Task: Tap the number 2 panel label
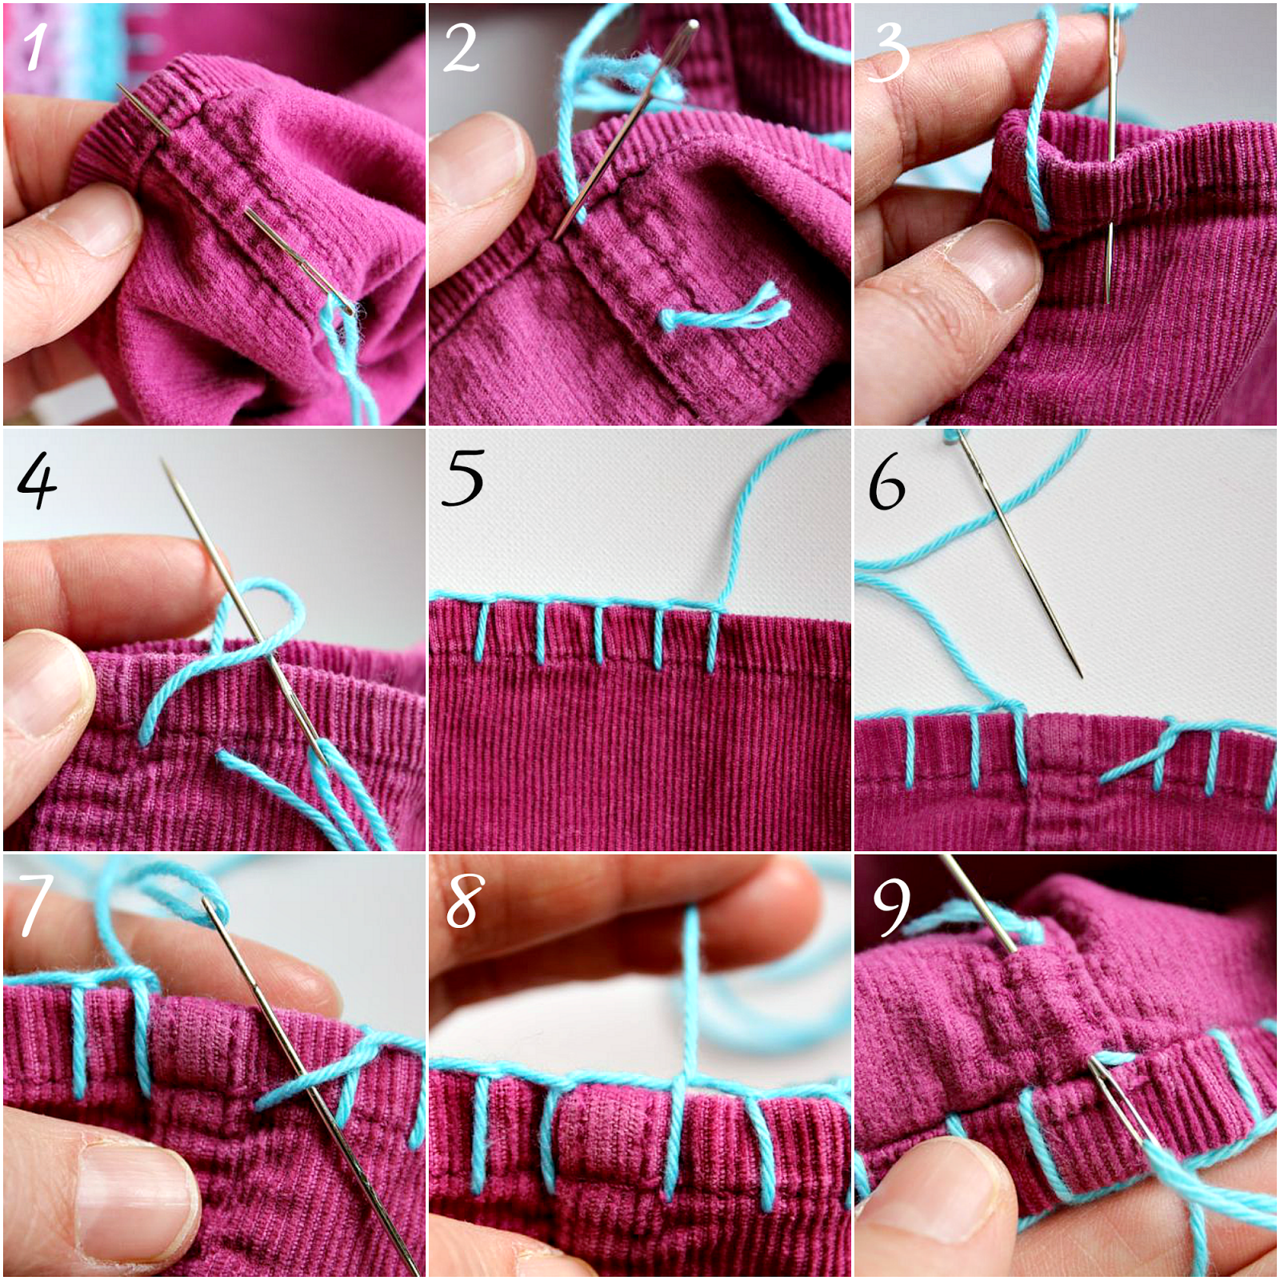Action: click(x=461, y=48)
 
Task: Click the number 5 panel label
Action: click(x=462, y=478)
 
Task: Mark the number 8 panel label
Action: click(x=464, y=901)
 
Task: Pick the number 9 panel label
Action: click(x=890, y=906)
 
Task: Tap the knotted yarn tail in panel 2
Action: click(x=724, y=312)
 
